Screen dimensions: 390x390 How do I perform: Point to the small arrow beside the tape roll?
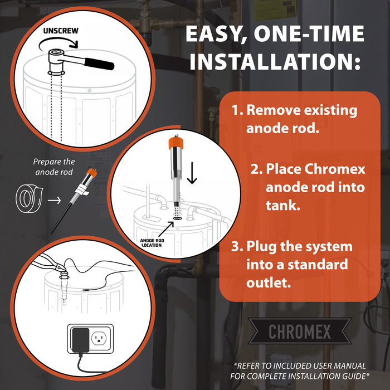54,199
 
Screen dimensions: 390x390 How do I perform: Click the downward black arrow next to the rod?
192,173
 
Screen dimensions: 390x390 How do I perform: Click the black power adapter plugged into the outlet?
80,338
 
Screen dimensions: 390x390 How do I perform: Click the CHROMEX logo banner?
300,332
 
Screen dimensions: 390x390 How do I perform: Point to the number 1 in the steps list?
236,110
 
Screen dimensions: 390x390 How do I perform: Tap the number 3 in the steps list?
237,246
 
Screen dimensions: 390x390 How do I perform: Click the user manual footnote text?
300,370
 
